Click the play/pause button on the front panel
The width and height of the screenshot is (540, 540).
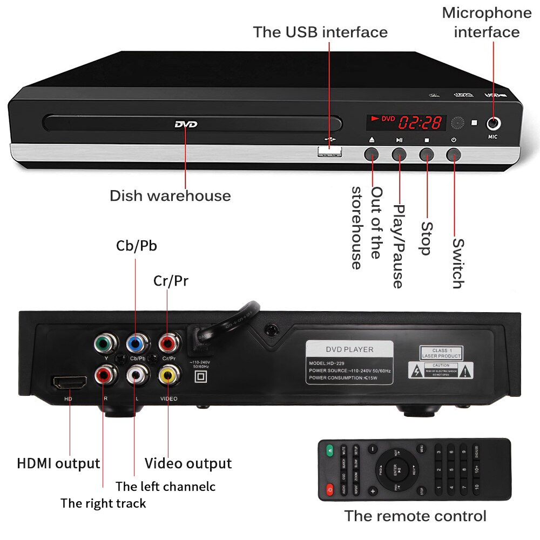pyautogui.click(x=399, y=154)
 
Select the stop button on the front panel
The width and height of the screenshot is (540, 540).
pyautogui.click(x=427, y=154)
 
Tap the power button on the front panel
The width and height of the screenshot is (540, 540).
pyautogui.click(x=454, y=154)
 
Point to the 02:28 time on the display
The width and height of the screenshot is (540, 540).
pyautogui.click(x=420, y=123)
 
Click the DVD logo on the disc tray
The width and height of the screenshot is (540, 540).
pyautogui.click(x=186, y=125)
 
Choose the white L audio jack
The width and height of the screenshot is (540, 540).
pyautogui.click(x=134, y=375)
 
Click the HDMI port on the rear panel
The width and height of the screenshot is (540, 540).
pyautogui.click(x=69, y=383)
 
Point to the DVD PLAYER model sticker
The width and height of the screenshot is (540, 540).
pyautogui.click(x=349, y=362)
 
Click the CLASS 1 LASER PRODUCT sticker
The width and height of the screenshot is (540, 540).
pyautogui.click(x=441, y=354)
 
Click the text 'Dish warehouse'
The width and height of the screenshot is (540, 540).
pyautogui.click(x=170, y=195)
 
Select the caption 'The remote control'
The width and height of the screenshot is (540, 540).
pyautogui.click(x=415, y=516)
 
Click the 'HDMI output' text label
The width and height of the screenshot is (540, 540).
pyautogui.click(x=58, y=463)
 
